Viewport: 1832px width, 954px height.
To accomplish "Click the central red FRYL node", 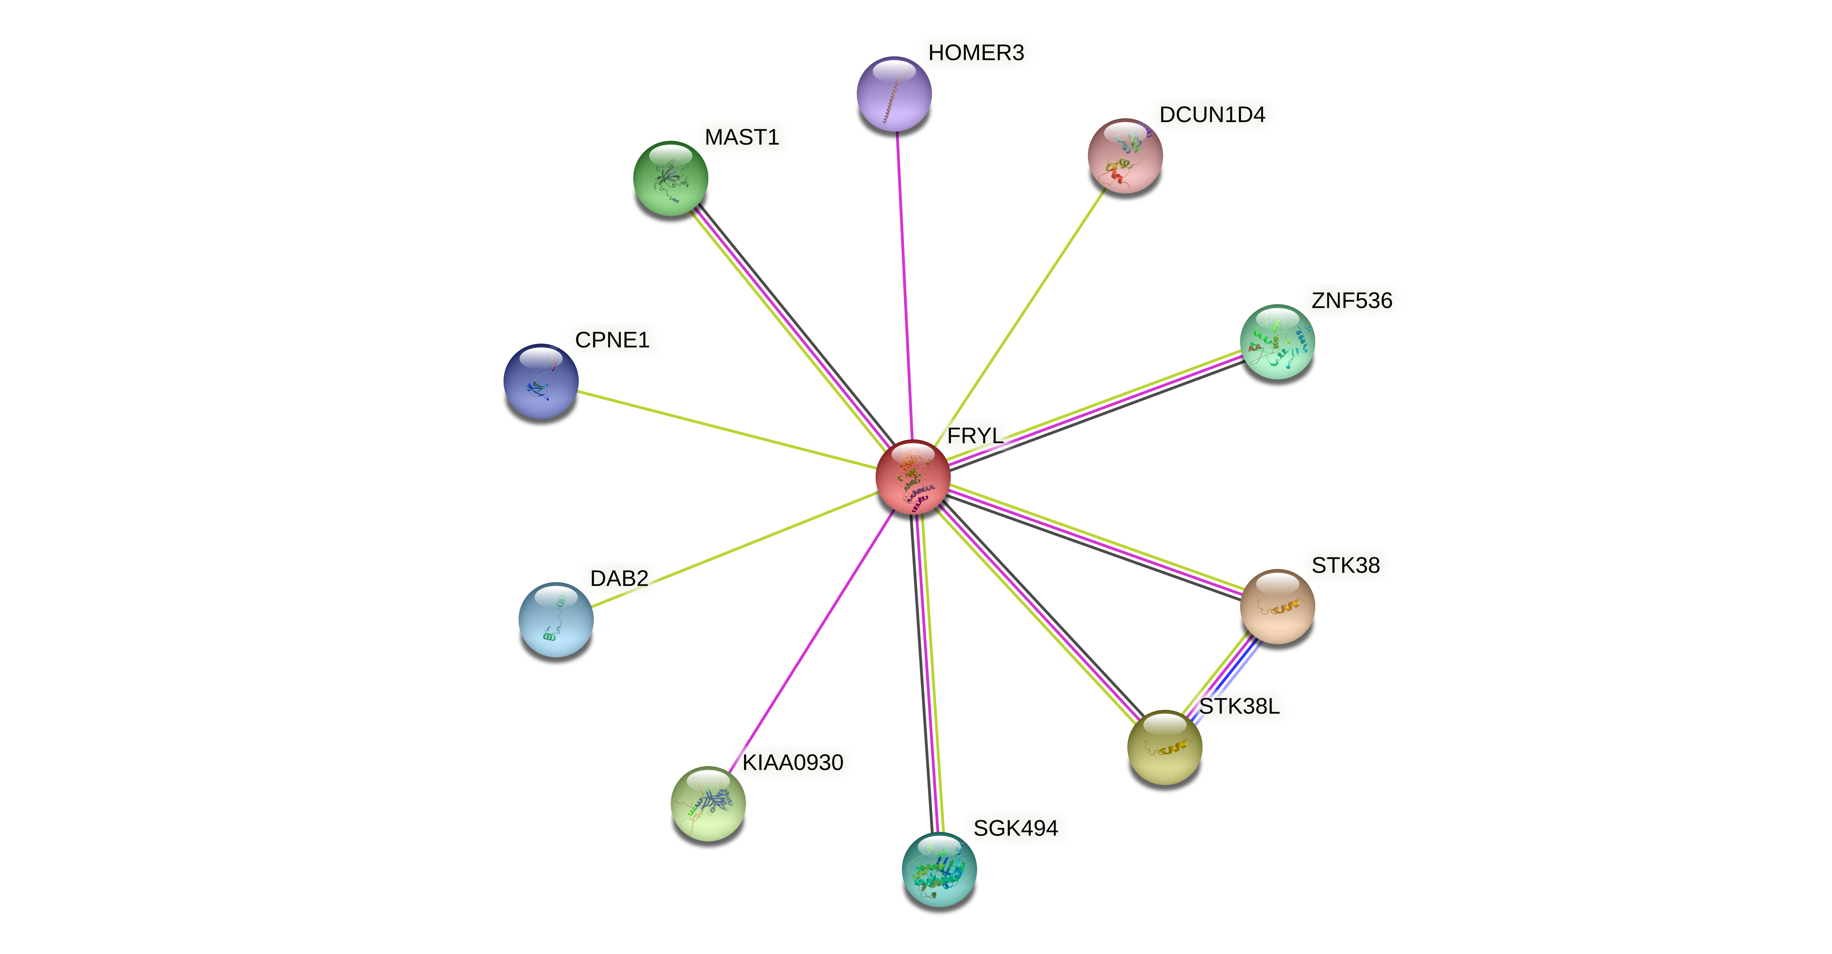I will [913, 476].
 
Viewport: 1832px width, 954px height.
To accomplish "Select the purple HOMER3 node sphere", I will [894, 94].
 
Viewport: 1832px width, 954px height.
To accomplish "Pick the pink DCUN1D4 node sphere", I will [1125, 155].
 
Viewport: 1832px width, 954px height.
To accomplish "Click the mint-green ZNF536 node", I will [1277, 342].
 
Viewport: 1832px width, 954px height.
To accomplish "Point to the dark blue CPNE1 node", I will [541, 382].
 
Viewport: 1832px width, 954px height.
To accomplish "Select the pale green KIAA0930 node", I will [707, 803].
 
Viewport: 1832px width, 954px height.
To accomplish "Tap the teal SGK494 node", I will [939, 869].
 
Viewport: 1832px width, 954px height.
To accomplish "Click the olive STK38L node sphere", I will [1164, 747].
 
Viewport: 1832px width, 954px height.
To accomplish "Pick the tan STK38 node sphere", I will [1277, 607].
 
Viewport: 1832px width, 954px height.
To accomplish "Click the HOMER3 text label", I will [976, 53].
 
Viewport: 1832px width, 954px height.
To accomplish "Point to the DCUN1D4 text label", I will [1212, 114].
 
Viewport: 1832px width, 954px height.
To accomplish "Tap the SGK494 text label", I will [1015, 828].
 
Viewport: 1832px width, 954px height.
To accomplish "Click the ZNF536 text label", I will [1351, 301].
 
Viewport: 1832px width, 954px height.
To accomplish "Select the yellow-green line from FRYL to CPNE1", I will [725, 429].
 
